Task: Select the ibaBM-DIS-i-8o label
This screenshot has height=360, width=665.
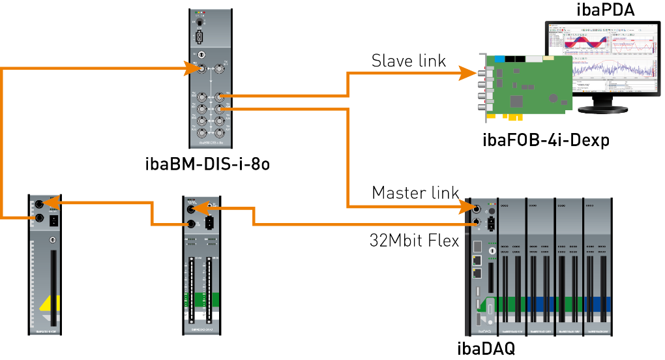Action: coord(207,164)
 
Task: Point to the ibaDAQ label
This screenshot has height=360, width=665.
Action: coord(486,349)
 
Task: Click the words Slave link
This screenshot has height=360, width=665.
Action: coord(409,61)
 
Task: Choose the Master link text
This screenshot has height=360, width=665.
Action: coord(415,193)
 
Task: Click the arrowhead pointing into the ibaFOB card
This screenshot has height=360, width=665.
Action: coord(468,73)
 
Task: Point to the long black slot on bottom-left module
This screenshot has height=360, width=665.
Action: coord(53,287)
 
